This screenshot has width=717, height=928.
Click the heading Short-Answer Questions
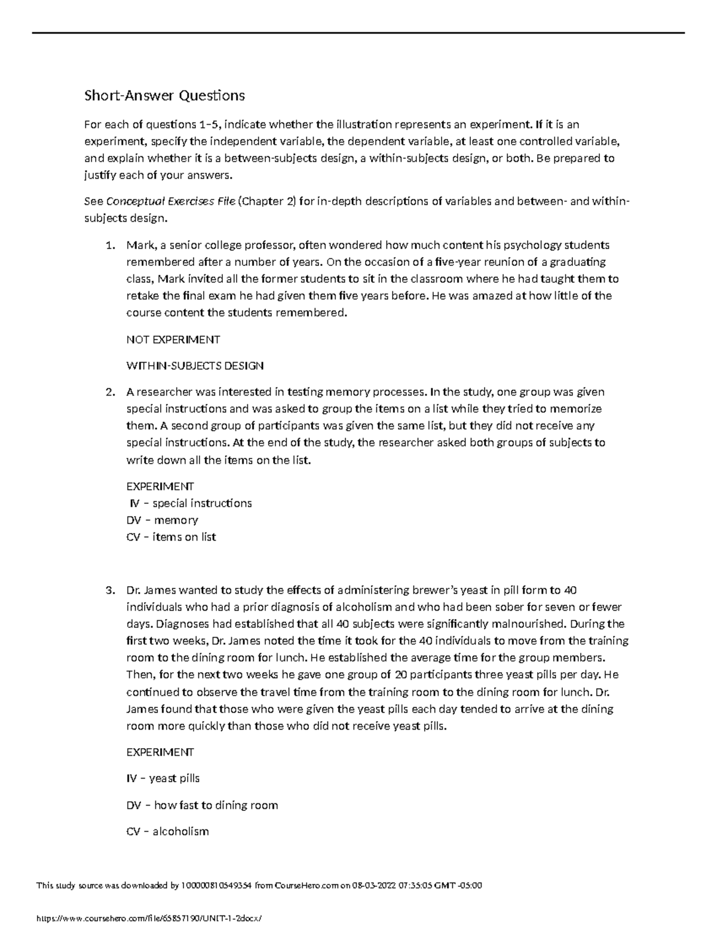click(164, 96)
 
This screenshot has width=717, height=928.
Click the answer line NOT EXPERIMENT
click(173, 340)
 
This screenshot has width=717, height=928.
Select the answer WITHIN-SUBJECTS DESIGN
click(195, 366)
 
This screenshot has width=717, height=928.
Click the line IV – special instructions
click(190, 504)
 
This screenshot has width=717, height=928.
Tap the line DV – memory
click(162, 520)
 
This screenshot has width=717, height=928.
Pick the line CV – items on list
click(171, 537)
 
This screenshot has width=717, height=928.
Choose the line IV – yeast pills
click(163, 779)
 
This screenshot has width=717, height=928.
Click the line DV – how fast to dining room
click(202, 806)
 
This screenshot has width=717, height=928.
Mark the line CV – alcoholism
click(167, 832)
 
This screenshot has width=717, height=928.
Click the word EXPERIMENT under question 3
click(160, 752)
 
